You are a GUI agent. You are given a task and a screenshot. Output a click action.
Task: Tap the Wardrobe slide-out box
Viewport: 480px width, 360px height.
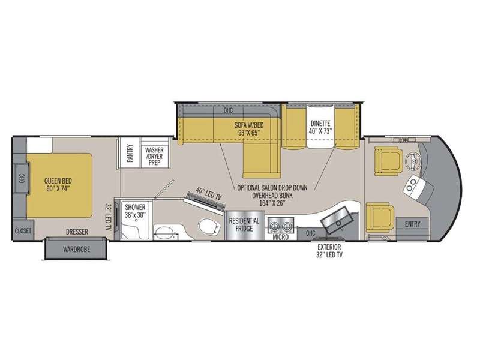click(77, 248)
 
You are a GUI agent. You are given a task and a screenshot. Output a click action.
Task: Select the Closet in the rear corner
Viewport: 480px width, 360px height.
click(23, 230)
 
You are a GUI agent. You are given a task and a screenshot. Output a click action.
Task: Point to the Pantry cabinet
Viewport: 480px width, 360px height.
click(130, 153)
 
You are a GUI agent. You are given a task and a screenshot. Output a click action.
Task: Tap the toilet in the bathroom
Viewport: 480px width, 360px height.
click(209, 226)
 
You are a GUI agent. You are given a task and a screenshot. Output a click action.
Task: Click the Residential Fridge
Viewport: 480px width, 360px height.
click(244, 226)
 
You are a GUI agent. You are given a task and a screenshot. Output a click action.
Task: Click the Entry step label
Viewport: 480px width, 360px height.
click(412, 224)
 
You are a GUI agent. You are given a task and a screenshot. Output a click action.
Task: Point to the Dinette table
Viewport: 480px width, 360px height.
click(320, 126)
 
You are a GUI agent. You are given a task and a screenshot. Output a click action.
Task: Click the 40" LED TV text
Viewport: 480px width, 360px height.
click(208, 194)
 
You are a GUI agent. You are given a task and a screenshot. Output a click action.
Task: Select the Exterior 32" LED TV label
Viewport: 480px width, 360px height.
click(329, 251)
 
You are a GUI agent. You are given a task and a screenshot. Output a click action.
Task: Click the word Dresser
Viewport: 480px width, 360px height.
click(77, 232)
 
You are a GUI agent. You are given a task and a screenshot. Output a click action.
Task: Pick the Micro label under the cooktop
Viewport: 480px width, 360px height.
click(281, 237)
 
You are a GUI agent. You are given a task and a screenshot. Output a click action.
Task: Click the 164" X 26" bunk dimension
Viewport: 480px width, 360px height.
click(272, 203)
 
